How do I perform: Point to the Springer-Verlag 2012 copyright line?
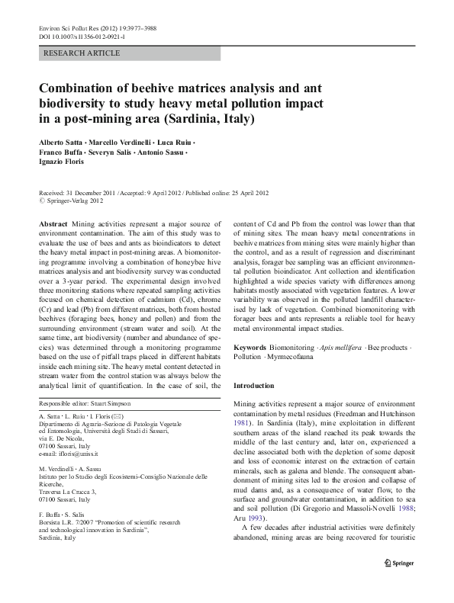click(x=75, y=201)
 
